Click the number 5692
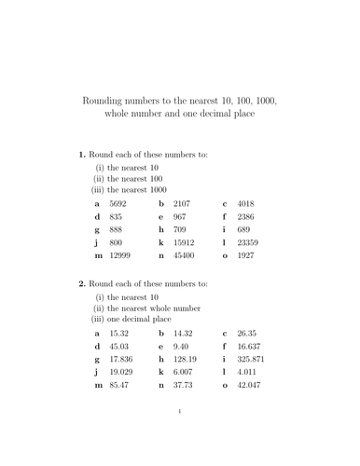(x=118, y=202)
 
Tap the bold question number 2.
(x=82, y=283)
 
